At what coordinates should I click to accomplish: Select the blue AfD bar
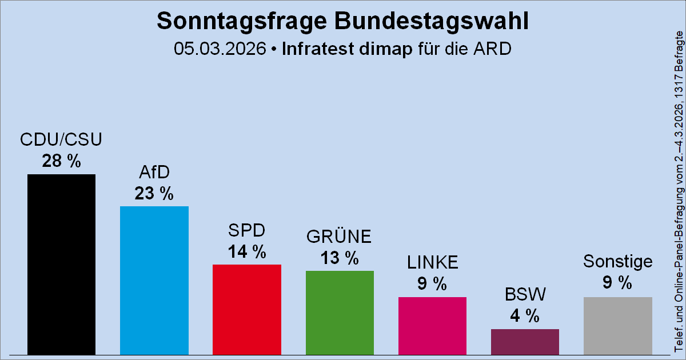coord(154,280)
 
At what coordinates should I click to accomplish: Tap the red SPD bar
coord(246,309)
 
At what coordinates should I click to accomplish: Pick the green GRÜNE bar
coord(340,312)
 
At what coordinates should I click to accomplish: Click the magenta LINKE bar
coord(432,325)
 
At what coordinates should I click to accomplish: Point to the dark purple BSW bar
coord(525,341)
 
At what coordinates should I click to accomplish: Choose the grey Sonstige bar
coord(617,325)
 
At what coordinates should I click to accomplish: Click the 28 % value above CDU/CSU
coord(61,162)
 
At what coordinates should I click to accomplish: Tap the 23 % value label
coord(154,194)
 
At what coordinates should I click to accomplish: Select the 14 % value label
coord(246,251)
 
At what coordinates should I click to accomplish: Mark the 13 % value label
coord(340,258)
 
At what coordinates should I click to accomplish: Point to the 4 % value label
coord(525,316)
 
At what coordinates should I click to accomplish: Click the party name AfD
coord(154,173)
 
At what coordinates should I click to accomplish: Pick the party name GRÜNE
coord(340,237)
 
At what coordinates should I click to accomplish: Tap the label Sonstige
coord(617,262)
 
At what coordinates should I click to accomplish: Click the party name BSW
coord(525,295)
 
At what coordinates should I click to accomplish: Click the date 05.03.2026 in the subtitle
coord(221,49)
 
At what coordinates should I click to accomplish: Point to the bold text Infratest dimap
coord(347,49)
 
